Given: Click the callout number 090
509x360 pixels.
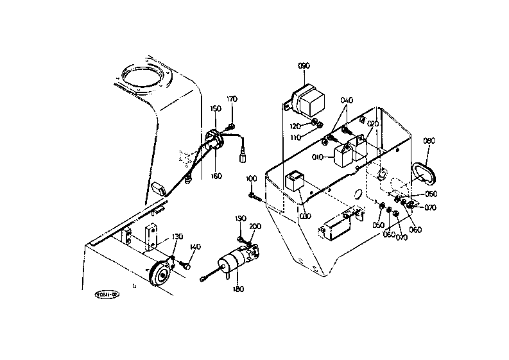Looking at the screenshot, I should click(x=304, y=66).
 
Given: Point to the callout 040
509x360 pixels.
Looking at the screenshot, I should click(x=347, y=100).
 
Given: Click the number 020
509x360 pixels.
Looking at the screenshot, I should click(x=373, y=124).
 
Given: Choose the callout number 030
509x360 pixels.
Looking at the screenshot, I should click(x=304, y=216).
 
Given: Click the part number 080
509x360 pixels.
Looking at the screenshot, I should click(x=429, y=141).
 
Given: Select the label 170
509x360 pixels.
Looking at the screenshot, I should click(x=232, y=99).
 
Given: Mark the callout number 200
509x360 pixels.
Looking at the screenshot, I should click(x=255, y=227).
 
